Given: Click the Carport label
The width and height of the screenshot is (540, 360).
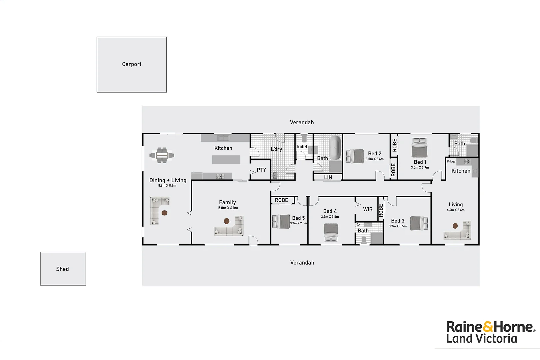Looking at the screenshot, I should point(132,64).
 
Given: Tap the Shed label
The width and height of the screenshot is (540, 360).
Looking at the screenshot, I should point(62,269).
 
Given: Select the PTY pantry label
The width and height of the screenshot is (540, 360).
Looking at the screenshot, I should point(261,170).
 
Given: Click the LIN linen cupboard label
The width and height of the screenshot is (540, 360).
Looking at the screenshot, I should point(328,178).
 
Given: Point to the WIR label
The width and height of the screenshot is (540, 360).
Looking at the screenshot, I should point(368,209).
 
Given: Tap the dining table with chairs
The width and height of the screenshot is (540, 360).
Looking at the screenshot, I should point(162,155).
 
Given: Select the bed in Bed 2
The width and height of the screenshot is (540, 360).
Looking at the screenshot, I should point(355,156).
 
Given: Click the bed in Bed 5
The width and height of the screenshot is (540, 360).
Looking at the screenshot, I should point(281,221).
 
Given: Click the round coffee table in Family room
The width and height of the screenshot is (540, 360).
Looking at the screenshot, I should point(227,221).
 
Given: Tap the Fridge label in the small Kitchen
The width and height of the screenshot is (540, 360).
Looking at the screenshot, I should point(451,162).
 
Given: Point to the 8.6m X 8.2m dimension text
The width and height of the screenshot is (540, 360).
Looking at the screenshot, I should point(167,186).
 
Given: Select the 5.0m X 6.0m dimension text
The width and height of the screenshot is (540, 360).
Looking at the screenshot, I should point(228,208).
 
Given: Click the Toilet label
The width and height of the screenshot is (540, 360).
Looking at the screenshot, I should point(302,147).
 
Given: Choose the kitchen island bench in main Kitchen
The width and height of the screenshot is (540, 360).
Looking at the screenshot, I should point(226,160).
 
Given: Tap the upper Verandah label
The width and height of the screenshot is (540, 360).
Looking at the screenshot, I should point(302,122).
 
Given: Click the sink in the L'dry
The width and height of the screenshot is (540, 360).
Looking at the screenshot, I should point(275,175).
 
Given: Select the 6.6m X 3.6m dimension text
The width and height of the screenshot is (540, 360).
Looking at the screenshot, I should point(455,210).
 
